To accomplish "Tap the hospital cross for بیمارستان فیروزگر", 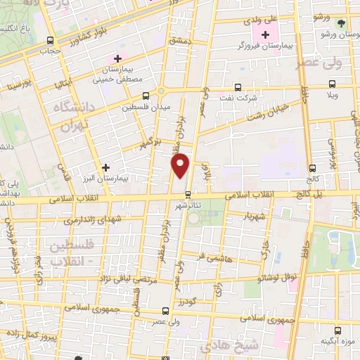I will point(265,35).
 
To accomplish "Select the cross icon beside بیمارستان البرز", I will point(105,167).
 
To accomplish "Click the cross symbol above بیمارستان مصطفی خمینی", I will point(118,58).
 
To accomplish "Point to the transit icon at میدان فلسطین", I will point(146,96).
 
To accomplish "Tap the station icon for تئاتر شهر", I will point(188,195).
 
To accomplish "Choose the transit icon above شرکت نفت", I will point(238,87).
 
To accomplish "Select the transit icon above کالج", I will point(313,168).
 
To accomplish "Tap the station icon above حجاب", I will point(49,40).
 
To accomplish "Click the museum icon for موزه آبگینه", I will point(340,328).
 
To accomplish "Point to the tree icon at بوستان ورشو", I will point(341,22).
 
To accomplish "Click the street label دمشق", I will point(180,41).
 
